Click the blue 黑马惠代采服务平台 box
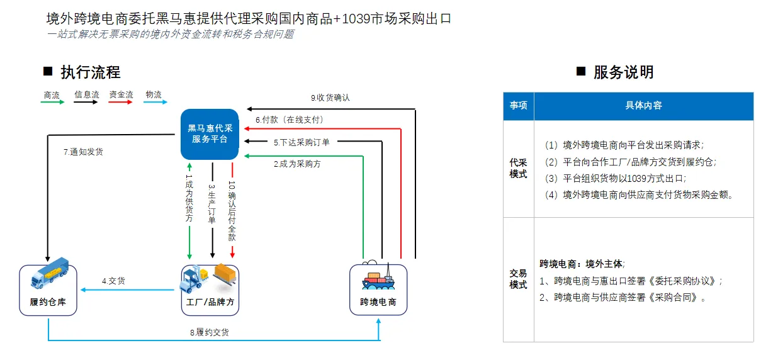(210, 133)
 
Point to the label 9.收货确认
(330, 98)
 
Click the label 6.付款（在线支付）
(290, 120)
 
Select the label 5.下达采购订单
(301, 143)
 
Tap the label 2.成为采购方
(297, 164)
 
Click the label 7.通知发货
(83, 152)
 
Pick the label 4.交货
(113, 281)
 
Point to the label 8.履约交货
(210, 332)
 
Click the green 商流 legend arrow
(52, 102)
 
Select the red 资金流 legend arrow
(121, 102)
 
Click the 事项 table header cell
(518, 106)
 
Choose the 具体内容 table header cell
(643, 106)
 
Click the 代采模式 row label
(518, 169)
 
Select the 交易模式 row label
(518, 279)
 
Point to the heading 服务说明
(623, 72)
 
